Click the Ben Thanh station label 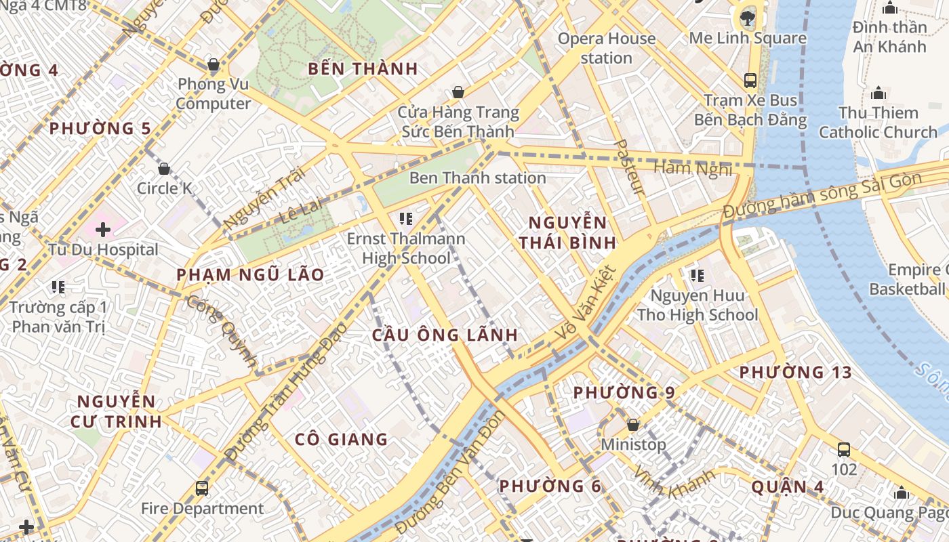click(x=477, y=178)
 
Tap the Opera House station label click(x=606, y=48)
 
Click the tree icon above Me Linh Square click(x=748, y=18)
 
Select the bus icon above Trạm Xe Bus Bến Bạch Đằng click(x=750, y=80)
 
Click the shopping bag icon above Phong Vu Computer click(x=214, y=65)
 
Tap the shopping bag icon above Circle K click(x=164, y=169)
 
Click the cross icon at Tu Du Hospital click(x=103, y=230)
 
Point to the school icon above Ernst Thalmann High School click(x=406, y=218)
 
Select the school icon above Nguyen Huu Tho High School click(x=697, y=275)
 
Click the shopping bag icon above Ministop click(x=633, y=425)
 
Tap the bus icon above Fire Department click(x=202, y=488)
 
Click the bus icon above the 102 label click(x=844, y=449)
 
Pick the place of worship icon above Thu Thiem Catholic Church click(x=879, y=93)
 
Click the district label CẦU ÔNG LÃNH click(x=445, y=335)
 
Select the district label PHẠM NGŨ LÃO click(x=250, y=275)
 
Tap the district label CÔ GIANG click(x=341, y=439)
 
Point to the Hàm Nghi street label click(x=693, y=168)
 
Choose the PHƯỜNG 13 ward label click(x=795, y=372)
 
